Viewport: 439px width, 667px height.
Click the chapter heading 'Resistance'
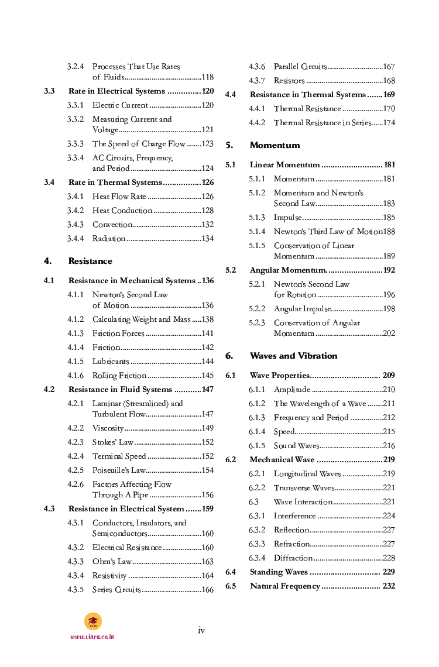pyautogui.click(x=90, y=261)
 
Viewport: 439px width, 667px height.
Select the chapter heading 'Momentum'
pyautogui.click(x=275, y=145)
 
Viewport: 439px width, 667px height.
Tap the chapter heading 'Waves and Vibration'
pyautogui.click(x=293, y=356)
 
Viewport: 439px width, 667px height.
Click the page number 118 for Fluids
pyautogui.click(x=207, y=77)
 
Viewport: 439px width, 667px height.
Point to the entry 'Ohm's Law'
pyautogui.click(x=112, y=562)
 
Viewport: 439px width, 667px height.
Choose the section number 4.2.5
pyautogui.click(x=76, y=470)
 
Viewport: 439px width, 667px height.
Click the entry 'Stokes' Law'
pyautogui.click(x=113, y=442)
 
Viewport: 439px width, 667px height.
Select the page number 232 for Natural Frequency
pyautogui.click(x=389, y=586)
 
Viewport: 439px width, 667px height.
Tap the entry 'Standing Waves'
pyautogui.click(x=279, y=572)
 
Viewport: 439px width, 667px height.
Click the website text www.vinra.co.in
pyautogui.click(x=92, y=637)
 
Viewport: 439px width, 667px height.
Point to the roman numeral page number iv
pyautogui.click(x=201, y=630)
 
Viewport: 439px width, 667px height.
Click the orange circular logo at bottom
pyautogui.click(x=92, y=621)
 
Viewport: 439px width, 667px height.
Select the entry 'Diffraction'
pyautogui.click(x=293, y=558)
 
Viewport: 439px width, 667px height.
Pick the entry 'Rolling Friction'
pyautogui.click(x=119, y=376)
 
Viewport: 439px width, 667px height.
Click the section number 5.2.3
pyautogui.click(x=257, y=323)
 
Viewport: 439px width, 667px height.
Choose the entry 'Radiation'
pyautogui.click(x=109, y=239)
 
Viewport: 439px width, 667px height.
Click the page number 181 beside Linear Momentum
pyautogui.click(x=389, y=165)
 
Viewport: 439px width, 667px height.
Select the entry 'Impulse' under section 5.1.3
pyautogui.click(x=288, y=218)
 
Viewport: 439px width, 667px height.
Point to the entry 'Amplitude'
pyautogui.click(x=292, y=390)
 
